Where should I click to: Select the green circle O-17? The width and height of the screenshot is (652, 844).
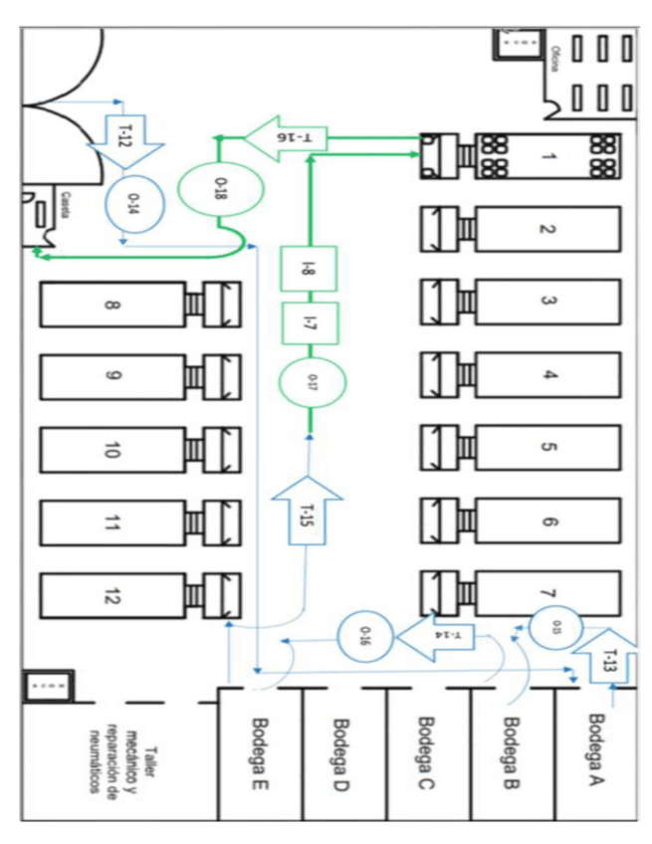pyautogui.click(x=309, y=379)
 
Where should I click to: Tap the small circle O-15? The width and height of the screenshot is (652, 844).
pyautogui.click(x=551, y=627)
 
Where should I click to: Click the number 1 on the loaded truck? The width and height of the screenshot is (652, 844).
pyautogui.click(x=546, y=157)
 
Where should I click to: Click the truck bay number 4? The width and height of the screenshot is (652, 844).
pyautogui.click(x=546, y=377)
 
